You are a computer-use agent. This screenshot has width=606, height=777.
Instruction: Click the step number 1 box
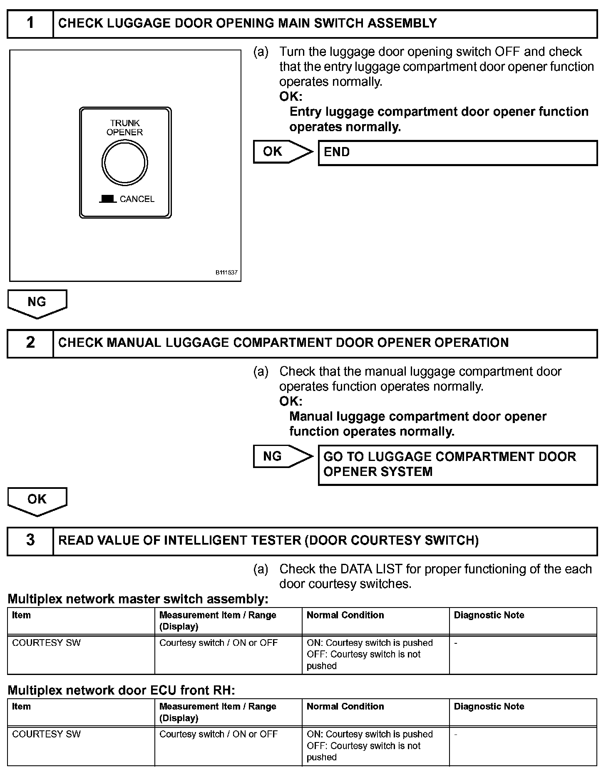30,23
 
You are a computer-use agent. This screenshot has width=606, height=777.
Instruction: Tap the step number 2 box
30,343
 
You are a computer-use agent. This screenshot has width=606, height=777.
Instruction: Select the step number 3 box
30,540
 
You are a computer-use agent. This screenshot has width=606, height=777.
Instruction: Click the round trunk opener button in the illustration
124,162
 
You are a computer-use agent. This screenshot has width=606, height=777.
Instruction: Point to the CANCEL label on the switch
137,199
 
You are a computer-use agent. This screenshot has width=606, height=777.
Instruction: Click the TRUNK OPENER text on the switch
124,128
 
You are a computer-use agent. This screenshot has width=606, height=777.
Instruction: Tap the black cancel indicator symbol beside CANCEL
108,199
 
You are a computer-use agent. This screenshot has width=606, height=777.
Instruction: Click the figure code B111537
226,273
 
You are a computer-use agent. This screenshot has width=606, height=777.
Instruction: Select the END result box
457,153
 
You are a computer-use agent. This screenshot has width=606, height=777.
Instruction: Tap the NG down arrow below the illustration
37,303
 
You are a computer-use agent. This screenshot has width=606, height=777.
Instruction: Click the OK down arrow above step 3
37,500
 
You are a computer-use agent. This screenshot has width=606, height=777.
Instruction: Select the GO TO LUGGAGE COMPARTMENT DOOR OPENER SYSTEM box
457,465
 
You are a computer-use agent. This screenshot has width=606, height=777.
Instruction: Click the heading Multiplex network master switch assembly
138,600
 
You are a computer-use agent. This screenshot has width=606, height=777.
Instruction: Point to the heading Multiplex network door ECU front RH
122,691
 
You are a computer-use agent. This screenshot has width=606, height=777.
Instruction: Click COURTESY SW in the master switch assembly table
46,643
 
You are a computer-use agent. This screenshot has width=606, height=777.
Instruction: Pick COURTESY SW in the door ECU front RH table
46,734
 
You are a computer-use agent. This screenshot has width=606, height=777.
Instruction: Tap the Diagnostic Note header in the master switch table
489,615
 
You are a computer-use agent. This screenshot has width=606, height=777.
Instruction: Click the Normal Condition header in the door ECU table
345,707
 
